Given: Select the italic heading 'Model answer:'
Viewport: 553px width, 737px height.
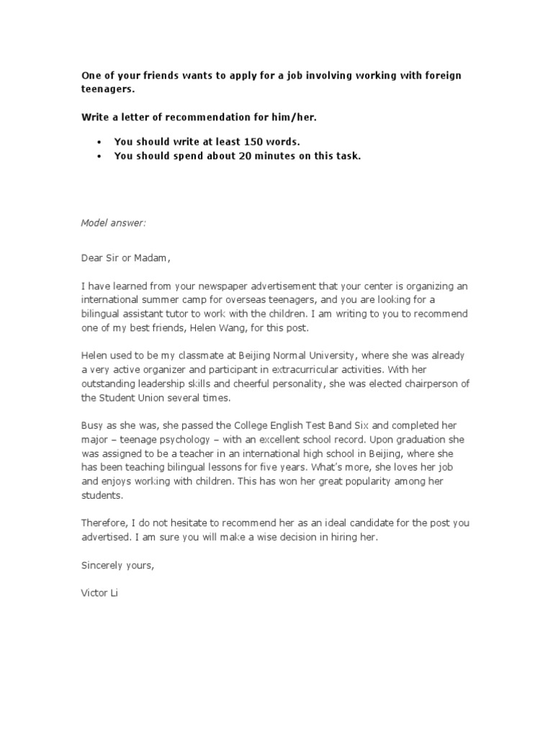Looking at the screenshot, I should [x=113, y=223].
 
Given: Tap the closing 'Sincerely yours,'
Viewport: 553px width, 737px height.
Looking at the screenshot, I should [x=117, y=566].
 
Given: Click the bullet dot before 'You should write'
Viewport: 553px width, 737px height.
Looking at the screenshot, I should [x=99, y=143].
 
